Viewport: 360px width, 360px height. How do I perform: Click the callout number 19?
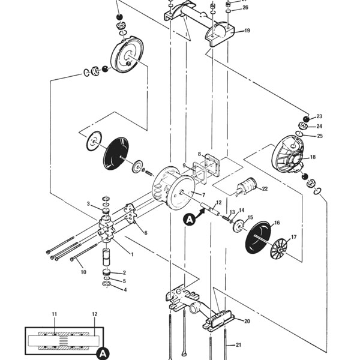247,31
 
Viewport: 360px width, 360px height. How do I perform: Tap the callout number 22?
265,189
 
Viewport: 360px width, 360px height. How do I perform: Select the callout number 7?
203,195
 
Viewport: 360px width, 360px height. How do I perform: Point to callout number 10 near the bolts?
83,272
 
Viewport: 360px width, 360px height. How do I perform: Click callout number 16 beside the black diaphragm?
277,223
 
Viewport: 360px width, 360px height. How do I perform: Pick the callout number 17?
294,237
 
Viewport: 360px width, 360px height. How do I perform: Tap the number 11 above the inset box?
54,314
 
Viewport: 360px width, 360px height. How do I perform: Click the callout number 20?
247,321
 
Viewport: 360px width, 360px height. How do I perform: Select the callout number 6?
146,233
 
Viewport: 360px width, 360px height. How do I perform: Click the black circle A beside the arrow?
189,220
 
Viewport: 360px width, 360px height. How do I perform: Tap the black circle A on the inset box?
103,353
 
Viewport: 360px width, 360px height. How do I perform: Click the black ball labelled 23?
306,119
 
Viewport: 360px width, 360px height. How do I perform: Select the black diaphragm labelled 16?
258,238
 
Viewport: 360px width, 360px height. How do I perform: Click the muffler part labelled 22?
247,187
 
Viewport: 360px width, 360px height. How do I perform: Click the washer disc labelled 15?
238,226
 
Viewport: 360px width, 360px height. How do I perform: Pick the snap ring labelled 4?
107,284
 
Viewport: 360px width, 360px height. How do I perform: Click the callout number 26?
245,8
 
